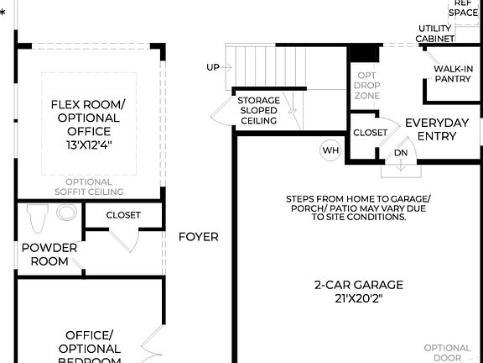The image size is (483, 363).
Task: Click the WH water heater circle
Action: pyautogui.click(x=330, y=150)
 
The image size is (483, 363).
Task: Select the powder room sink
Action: pyautogui.click(x=66, y=213)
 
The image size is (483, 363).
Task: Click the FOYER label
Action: pyautogui.click(x=199, y=237)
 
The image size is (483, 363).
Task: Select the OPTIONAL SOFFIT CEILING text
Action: pyautogui.click(x=89, y=187)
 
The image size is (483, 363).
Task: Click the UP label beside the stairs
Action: pyautogui.click(x=214, y=66)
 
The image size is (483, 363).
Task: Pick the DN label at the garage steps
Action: pyautogui.click(x=401, y=154)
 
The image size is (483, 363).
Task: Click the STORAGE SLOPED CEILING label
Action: pyautogui.click(x=259, y=111)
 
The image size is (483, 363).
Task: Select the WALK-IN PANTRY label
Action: pyautogui.click(x=452, y=74)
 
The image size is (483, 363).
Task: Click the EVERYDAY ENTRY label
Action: pyautogui.click(x=437, y=129)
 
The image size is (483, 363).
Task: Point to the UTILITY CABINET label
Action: pyautogui.click(x=436, y=34)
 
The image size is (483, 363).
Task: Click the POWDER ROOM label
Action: pyautogui.click(x=49, y=254)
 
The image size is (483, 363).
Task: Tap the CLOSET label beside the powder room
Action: pyautogui.click(x=123, y=215)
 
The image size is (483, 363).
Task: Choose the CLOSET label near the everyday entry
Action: pyautogui.click(x=370, y=133)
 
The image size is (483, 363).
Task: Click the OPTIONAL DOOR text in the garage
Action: pyautogui.click(x=447, y=353)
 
